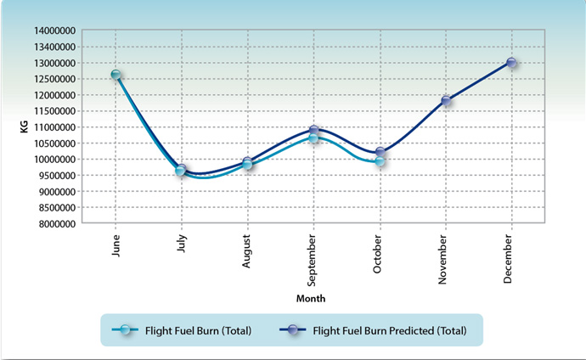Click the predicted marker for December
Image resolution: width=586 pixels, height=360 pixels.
pos(511,63)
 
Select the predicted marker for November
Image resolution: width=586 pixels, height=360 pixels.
pos(445,101)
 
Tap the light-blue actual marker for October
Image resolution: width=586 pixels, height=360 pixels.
pos(380,160)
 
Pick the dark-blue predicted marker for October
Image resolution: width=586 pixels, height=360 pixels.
pos(380,153)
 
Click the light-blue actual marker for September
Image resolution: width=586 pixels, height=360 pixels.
pos(313,138)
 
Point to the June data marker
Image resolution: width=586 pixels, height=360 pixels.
pos(116,75)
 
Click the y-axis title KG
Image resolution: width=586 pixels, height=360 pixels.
pos(25,127)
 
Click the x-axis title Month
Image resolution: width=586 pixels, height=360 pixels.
pos(310,299)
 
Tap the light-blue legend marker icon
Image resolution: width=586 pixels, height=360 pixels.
pos(127,330)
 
